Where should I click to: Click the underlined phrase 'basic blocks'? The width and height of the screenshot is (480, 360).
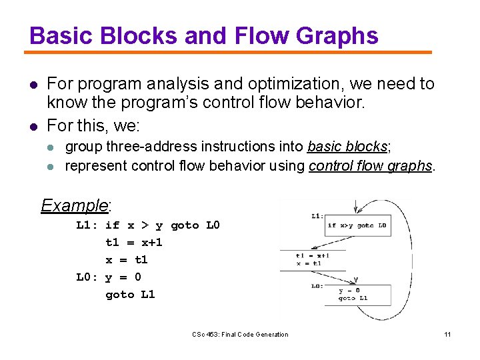(x=347, y=146)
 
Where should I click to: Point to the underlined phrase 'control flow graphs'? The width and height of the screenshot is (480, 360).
(x=371, y=165)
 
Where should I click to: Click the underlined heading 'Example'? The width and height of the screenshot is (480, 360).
(x=74, y=205)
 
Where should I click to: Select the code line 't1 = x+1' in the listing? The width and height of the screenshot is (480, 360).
(x=133, y=242)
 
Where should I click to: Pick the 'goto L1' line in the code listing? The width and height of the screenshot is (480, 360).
(x=130, y=294)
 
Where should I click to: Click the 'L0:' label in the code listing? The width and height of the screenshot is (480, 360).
(x=88, y=277)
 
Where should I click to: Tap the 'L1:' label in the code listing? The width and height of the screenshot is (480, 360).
(x=88, y=225)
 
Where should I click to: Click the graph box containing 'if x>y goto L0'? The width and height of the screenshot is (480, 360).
(x=357, y=225)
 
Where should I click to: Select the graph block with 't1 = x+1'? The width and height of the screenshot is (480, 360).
(x=313, y=259)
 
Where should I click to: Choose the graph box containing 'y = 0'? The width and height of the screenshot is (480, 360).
(x=363, y=294)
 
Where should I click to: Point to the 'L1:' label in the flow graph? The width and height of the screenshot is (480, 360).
(x=317, y=215)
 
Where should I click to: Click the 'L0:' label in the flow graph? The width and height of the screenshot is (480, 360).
(x=317, y=286)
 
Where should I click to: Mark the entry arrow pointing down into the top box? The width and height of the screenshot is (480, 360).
(x=358, y=206)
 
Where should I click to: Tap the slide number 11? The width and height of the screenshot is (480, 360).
(x=447, y=334)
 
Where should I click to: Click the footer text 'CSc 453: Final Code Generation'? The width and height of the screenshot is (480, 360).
(x=240, y=334)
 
